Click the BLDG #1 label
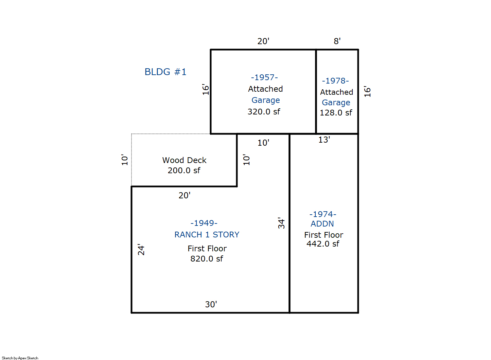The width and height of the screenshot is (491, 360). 165,72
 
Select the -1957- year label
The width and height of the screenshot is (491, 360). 264,77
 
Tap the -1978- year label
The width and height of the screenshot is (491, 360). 335,81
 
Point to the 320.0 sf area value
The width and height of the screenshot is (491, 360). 264,112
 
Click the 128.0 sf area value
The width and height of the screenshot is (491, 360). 336,113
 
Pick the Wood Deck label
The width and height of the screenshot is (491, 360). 184,160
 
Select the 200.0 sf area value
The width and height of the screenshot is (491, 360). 184,170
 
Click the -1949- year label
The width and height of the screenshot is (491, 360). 204,223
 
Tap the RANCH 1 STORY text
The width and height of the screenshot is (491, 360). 207,235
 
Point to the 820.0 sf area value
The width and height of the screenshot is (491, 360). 207,259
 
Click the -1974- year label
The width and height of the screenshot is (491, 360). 323,214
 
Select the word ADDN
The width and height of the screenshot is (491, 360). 322,224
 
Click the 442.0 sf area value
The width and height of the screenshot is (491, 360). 323,244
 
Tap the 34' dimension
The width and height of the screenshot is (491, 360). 281,223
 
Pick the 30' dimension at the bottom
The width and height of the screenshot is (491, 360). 211,304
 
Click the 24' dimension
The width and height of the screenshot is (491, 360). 141,250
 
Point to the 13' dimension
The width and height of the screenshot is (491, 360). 324,140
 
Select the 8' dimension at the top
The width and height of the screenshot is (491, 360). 337,41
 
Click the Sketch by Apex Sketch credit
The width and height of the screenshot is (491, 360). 20,358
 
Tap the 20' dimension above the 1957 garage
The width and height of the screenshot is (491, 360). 263,41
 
